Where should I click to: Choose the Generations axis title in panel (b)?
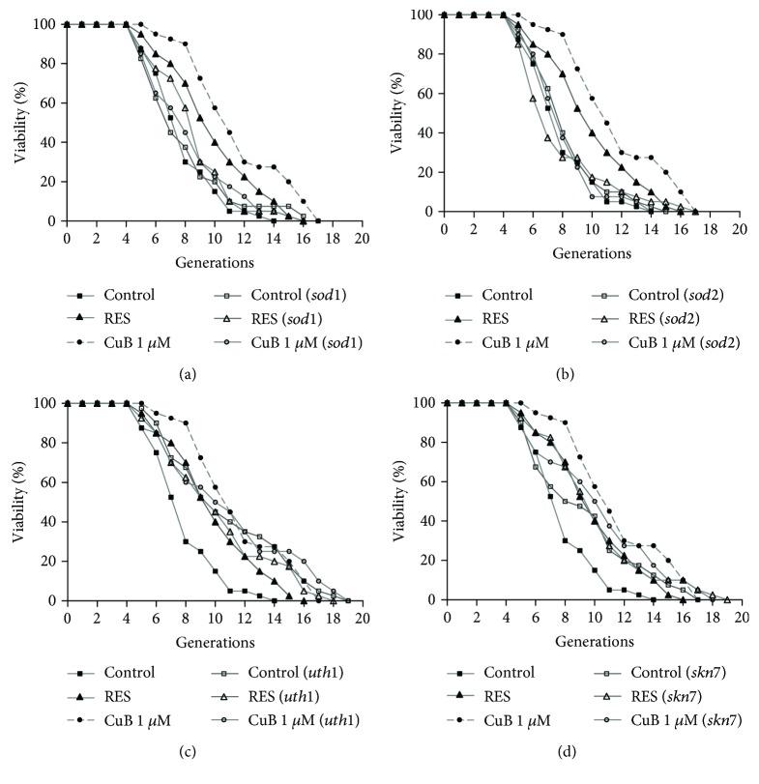(591, 253)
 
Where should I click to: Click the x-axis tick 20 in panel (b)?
(738, 229)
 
